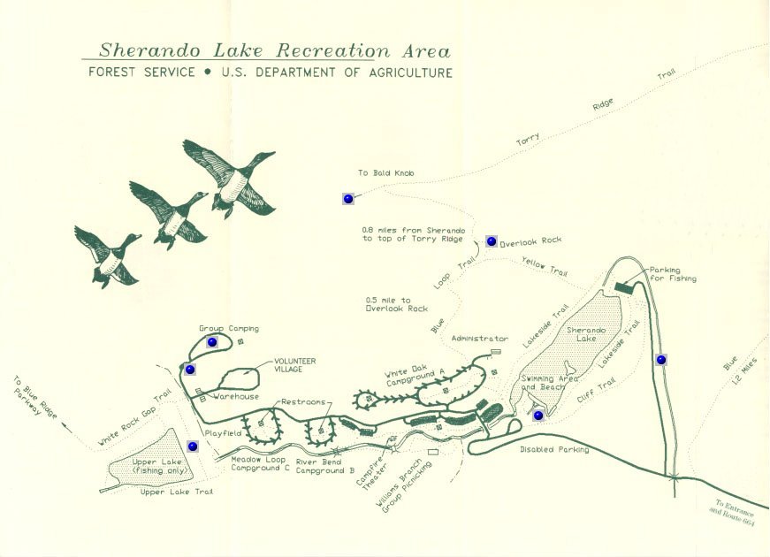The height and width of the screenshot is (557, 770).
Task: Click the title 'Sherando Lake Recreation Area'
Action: (x=275, y=50)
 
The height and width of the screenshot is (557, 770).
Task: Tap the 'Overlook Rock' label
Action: (x=530, y=241)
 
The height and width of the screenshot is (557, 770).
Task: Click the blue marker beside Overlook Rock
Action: (x=491, y=240)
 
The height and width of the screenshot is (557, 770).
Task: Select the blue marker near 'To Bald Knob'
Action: (x=348, y=198)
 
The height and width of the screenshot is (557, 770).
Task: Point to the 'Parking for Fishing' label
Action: (x=673, y=274)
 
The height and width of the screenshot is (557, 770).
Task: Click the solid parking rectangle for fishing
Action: (x=625, y=286)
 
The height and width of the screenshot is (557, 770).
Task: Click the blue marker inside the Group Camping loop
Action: (x=212, y=342)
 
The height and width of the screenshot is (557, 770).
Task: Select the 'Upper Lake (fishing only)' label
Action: (x=160, y=466)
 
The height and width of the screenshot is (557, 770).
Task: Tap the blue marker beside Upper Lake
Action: (x=193, y=446)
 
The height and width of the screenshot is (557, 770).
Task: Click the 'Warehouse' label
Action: (x=236, y=396)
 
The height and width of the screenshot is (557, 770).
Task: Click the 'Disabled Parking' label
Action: (x=554, y=449)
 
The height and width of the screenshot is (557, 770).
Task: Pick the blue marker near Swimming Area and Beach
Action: (x=538, y=416)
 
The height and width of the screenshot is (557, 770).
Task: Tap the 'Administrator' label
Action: (x=480, y=339)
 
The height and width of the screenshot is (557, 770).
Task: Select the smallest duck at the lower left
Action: (x=108, y=256)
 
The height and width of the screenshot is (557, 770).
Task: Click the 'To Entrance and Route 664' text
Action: (x=733, y=514)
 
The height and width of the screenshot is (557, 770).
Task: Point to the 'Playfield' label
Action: (x=223, y=433)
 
